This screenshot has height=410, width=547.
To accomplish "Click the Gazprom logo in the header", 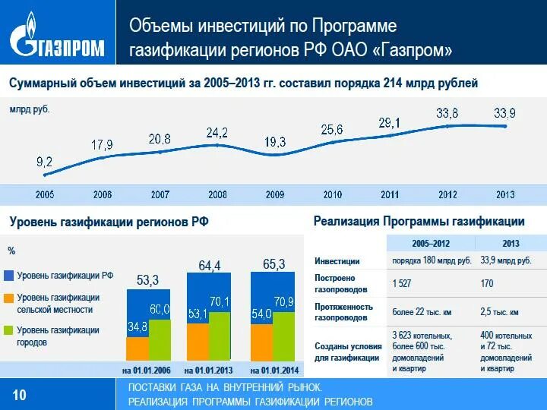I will click(58, 36).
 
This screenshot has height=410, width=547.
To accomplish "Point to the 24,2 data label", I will click(217, 133).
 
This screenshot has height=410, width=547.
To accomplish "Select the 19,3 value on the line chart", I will click(275, 142).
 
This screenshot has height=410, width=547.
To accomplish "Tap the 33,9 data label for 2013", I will click(504, 113).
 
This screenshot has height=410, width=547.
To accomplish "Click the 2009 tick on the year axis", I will click(275, 195).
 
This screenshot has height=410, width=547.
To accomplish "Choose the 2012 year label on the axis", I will click(447, 195).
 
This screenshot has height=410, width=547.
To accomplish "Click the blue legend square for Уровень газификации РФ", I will click(10, 276).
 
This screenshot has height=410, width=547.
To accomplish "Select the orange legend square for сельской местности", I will click(10, 298).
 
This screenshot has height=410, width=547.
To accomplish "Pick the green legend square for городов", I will click(10, 331).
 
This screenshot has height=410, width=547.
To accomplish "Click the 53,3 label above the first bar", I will click(147, 280).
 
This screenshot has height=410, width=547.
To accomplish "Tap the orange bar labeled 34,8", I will click(138, 348).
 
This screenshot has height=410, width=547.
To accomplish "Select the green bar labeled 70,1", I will click(220, 335).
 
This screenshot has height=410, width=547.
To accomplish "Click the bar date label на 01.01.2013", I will click(210, 371).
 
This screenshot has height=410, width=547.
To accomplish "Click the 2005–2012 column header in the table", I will click(431, 244).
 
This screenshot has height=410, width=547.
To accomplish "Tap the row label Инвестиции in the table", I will click(337, 261).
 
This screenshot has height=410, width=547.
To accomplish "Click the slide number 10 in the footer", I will click(20, 394).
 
